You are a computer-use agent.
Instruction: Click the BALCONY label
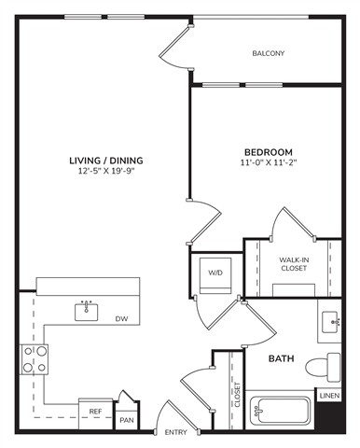tap(269, 53)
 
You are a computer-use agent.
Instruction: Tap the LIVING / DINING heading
tap(106, 161)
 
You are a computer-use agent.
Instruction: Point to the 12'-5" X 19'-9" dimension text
tap(106, 171)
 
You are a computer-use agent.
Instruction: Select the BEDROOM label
tap(269, 152)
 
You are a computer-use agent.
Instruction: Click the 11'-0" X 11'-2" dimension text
tap(269, 162)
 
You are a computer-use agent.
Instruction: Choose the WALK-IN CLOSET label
tap(294, 264)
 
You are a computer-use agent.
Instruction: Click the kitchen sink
tap(87, 311)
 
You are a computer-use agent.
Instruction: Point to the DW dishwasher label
tap(122, 319)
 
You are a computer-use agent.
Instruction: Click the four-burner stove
tap(35, 359)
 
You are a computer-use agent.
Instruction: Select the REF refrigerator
tap(95, 414)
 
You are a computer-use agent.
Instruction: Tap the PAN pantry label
tap(127, 420)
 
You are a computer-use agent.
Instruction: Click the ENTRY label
tap(176, 432)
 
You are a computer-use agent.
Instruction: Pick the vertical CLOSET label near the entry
tap(237, 395)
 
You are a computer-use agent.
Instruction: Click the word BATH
tap(282, 358)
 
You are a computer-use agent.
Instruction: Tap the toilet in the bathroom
tap(323, 367)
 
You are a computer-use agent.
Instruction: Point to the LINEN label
tap(330, 396)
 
